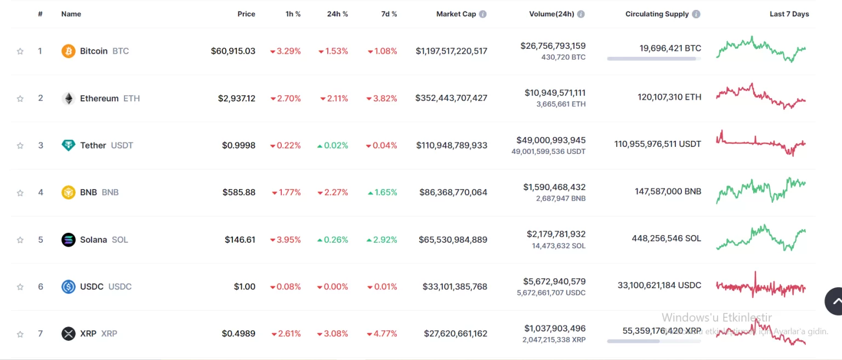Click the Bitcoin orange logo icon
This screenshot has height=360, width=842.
[x=68, y=51]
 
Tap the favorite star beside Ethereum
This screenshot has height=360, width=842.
[x=20, y=99]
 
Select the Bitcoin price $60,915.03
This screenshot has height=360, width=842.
[x=233, y=51]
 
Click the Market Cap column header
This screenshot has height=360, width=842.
[x=456, y=14]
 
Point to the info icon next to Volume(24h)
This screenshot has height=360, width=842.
[x=581, y=14]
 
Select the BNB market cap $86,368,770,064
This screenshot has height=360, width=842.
[x=453, y=192]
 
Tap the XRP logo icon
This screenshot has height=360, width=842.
[x=68, y=333]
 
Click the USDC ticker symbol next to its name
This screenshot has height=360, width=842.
[x=120, y=287]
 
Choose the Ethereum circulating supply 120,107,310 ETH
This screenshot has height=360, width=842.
[x=669, y=97]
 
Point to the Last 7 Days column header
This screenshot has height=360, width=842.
[x=789, y=14]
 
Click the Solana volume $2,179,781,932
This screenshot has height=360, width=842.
[x=556, y=234]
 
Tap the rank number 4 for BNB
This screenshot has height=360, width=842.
[x=41, y=192]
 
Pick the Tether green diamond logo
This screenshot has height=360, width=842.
[x=68, y=145]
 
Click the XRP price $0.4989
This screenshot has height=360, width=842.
[x=238, y=333]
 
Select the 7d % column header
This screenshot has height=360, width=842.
[x=389, y=14]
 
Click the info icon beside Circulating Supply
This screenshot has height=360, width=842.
[x=696, y=14]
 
